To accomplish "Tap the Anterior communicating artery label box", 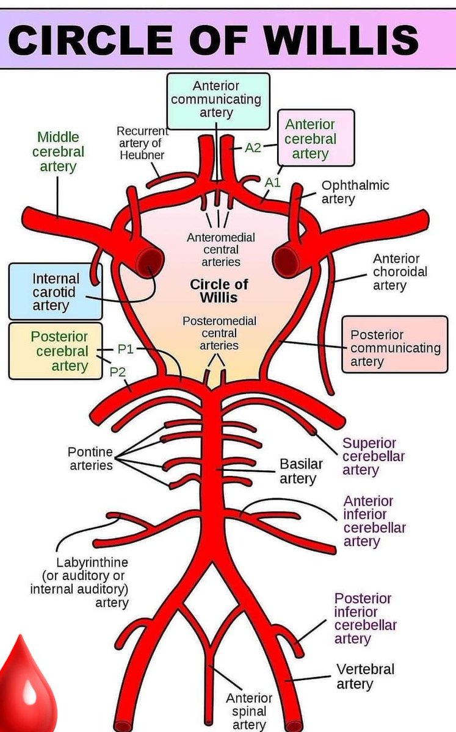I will (218, 100).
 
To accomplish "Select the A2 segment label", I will (253, 148).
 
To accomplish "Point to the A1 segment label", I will (272, 182).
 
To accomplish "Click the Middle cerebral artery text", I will (58, 151).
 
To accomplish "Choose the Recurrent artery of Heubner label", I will (142, 143).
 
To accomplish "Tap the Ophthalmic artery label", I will (355, 192).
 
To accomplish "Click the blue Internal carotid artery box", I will (55, 292).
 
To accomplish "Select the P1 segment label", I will (125, 349).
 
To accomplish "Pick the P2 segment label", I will (117, 371).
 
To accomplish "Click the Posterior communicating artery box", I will (394, 348).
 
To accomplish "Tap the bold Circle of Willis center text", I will (219, 291).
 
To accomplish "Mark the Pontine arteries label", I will (90, 459).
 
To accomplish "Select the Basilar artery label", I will (300, 471).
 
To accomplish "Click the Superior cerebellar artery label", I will (373, 456).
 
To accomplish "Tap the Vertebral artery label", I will (365, 676).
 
